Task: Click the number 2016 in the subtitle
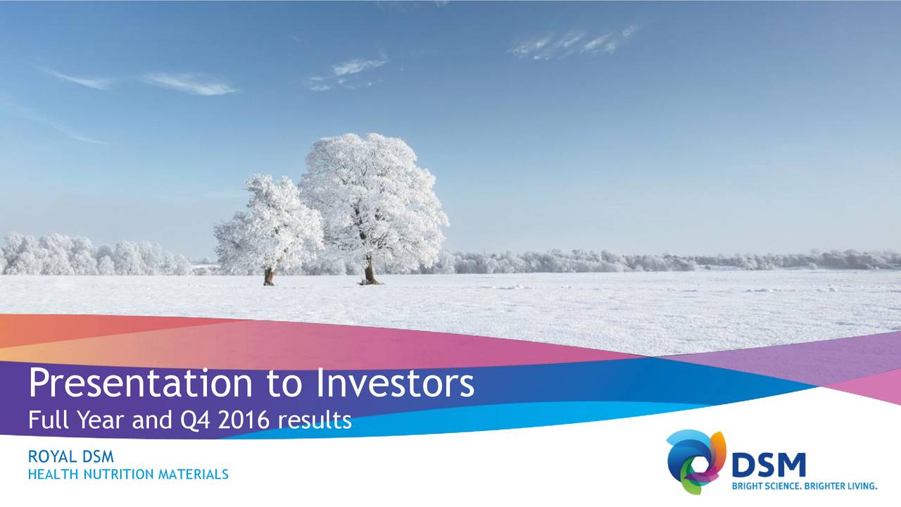[244, 420]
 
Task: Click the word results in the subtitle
[315, 420]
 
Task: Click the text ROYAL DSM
[70, 458]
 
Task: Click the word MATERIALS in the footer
[193, 475]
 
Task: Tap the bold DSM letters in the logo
[768, 465]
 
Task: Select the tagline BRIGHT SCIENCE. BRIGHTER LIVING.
[804, 486]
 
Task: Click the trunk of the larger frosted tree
[369, 270]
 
